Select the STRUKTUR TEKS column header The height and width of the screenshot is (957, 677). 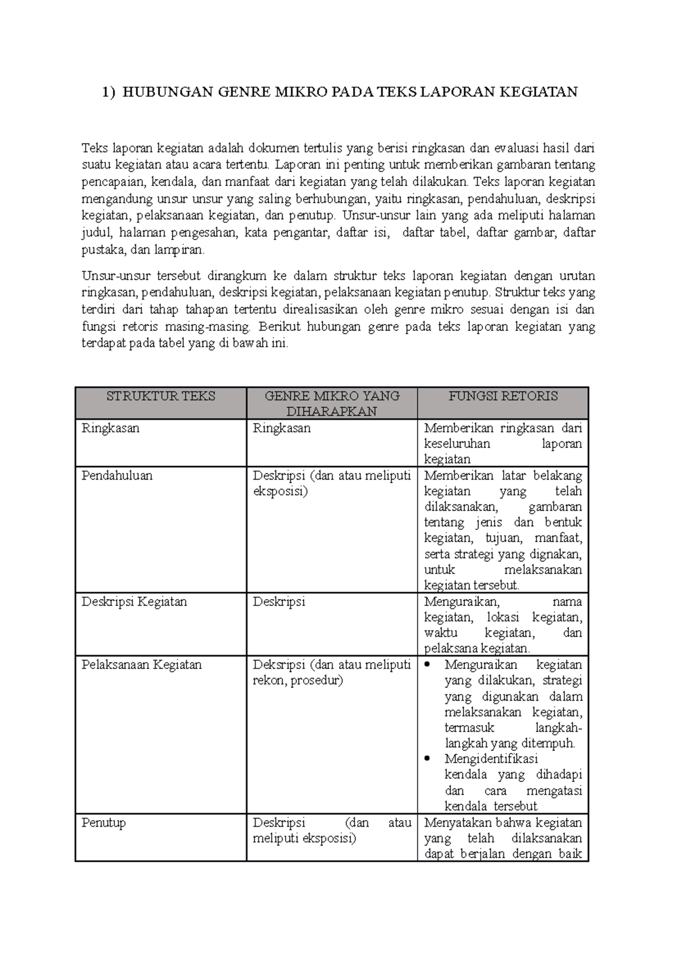(x=161, y=396)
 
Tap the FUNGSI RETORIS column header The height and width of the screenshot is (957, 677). (x=503, y=396)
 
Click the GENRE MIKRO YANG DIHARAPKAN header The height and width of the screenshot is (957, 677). (x=332, y=404)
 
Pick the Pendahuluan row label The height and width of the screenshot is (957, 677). (x=117, y=475)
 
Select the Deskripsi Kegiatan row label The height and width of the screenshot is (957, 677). (x=134, y=601)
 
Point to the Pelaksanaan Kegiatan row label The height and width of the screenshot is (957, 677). (x=141, y=664)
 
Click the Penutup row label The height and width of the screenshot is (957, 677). (x=103, y=822)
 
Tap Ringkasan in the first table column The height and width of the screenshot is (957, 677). (x=110, y=428)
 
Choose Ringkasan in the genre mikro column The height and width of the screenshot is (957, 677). (x=282, y=428)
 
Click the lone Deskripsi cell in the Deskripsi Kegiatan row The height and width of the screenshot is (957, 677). (x=279, y=601)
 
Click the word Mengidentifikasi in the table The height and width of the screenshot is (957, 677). (x=491, y=759)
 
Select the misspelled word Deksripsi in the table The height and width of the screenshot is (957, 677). (x=279, y=664)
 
